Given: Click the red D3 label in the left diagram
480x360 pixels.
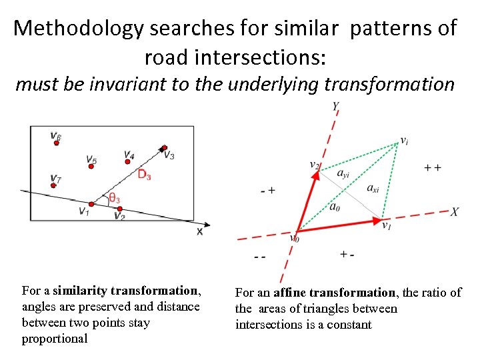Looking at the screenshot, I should pos(144,175).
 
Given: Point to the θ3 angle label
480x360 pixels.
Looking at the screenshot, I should pos(115,198).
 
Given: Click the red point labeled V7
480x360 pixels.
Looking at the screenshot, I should pos(53,185).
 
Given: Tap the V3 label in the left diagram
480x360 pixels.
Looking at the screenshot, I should pos(169,155).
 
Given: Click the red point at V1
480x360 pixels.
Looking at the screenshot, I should pos(91,204).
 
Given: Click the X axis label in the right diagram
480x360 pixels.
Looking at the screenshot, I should pos(454,211).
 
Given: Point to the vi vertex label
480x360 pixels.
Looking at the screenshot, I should pos(404,141).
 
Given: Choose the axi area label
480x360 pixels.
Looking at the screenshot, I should pos(373,188).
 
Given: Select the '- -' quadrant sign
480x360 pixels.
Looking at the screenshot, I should pos(259,257).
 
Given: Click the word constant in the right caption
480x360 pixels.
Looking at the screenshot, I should pos(349,325).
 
